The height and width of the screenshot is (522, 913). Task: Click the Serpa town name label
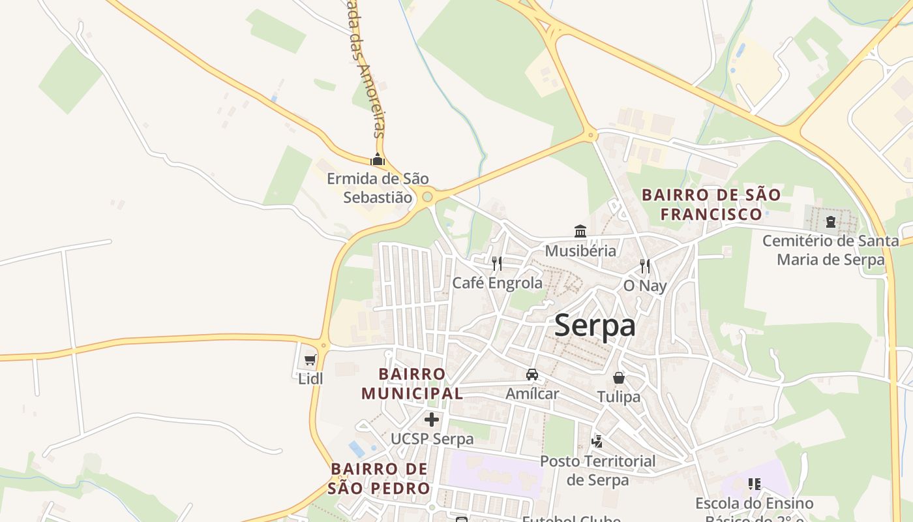595,326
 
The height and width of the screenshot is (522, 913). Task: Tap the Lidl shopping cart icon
310,360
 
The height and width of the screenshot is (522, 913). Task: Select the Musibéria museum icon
580,231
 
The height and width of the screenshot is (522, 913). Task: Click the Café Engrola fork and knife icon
497,264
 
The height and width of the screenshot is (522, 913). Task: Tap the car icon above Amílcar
532,375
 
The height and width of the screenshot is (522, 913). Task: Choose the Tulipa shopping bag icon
618,378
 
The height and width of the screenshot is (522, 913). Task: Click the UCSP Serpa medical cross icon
432,420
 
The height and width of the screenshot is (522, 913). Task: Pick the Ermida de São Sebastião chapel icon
378,159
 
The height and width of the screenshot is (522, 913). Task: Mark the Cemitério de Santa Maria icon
831,222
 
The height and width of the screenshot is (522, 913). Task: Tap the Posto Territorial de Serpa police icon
597,442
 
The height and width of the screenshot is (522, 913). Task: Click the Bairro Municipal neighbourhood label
412,384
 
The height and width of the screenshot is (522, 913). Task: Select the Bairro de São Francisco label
711,204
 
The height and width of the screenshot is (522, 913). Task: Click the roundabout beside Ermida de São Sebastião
427,196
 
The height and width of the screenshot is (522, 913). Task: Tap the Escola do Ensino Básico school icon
755,484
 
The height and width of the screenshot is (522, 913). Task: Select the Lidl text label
310,378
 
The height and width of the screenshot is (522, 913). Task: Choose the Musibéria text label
580,251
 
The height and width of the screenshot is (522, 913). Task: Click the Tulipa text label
619,397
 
